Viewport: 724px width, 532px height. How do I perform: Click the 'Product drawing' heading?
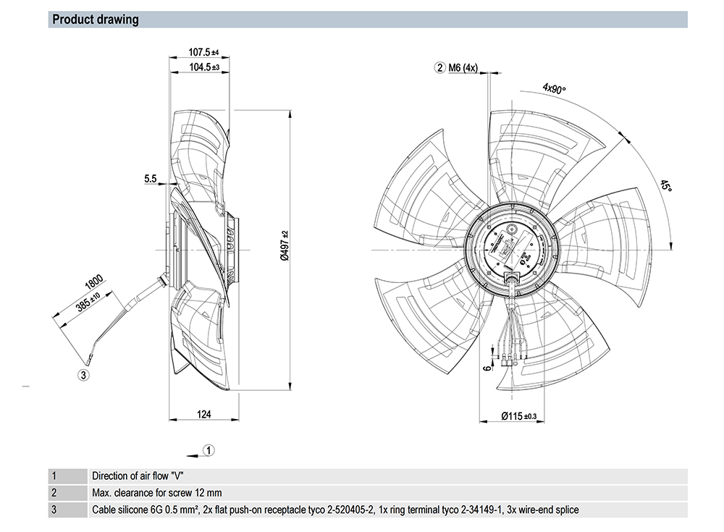(x=96, y=20)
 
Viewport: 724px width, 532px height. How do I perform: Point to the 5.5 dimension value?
(x=151, y=178)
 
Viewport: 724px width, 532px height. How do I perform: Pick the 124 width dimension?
(x=203, y=414)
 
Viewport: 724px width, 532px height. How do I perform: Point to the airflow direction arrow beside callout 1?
(x=193, y=454)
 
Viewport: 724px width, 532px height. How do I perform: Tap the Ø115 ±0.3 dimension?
(x=520, y=415)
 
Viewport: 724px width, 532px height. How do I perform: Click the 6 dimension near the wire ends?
(x=488, y=367)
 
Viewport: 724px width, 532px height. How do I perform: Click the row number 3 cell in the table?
(x=54, y=510)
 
